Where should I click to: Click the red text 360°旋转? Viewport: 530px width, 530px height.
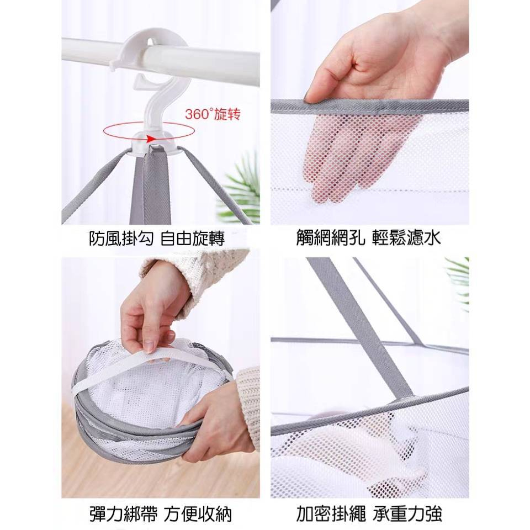(213, 114)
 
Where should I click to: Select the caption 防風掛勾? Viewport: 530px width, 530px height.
(121, 239)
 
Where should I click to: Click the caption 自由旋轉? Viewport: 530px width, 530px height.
(192, 239)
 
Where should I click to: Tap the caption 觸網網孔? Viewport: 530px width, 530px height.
(331, 237)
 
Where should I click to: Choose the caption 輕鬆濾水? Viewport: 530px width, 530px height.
(407, 237)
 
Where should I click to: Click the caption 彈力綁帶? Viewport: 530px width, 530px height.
(123, 514)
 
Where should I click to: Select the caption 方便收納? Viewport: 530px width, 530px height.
(198, 514)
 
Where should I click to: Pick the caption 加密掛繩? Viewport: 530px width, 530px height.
(331, 514)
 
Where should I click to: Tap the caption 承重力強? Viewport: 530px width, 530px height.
(407, 514)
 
